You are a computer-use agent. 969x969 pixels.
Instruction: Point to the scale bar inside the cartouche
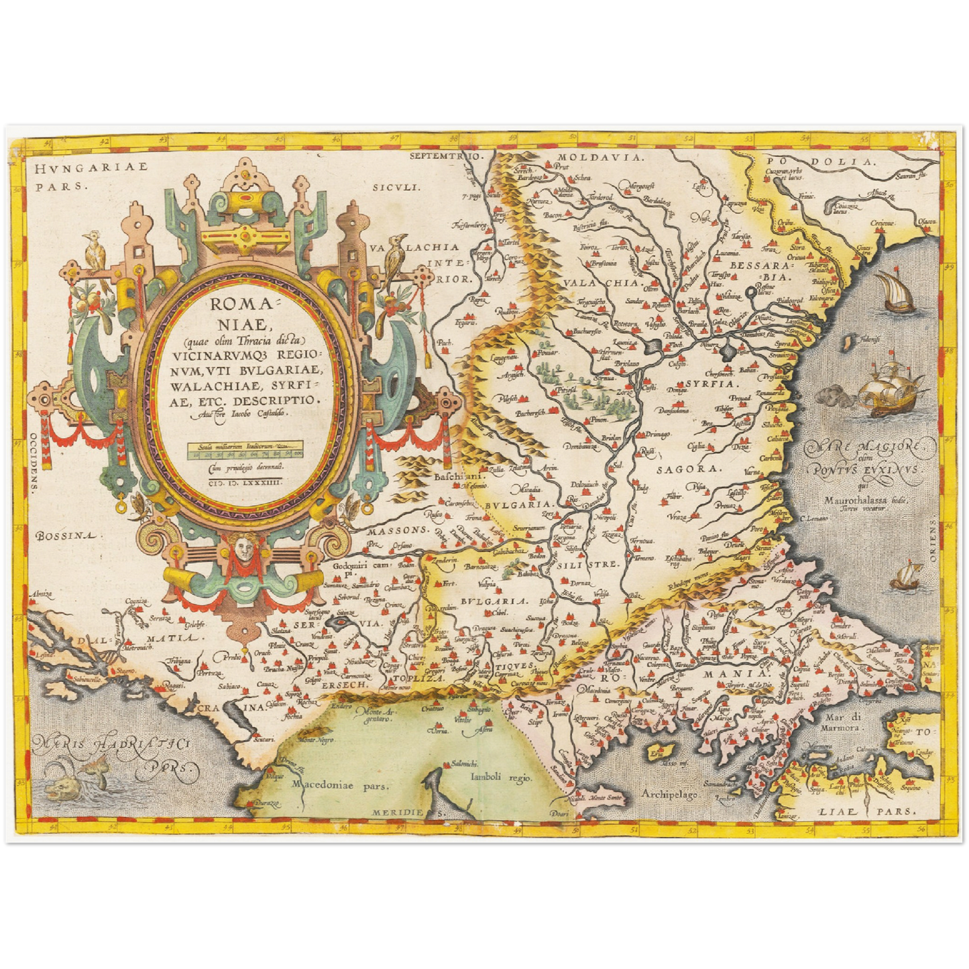[245, 449]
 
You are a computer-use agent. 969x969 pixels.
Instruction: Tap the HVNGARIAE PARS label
[91, 177]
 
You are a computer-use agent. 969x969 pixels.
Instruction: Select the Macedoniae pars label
[339, 785]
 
